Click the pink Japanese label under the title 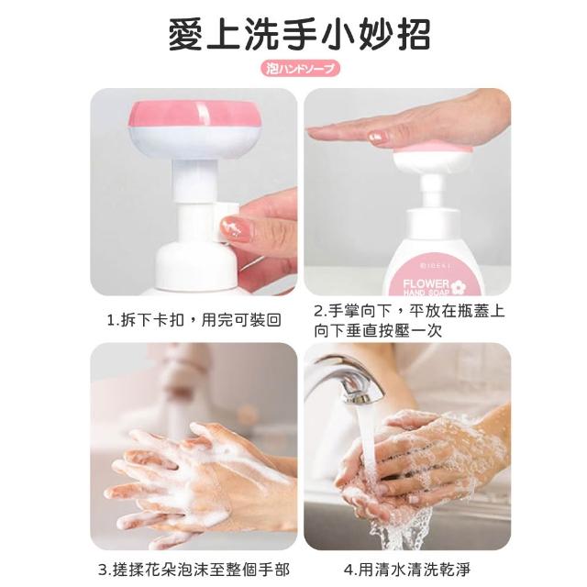click(x=300, y=69)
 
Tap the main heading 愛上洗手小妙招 click(x=299, y=35)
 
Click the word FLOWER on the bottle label click(x=426, y=283)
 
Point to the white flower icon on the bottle click(x=456, y=287)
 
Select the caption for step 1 click(x=194, y=320)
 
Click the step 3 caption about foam click(x=194, y=570)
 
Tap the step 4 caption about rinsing click(x=407, y=570)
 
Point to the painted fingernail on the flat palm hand click(x=376, y=136)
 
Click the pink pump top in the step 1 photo click(x=194, y=114)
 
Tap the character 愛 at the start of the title click(x=186, y=35)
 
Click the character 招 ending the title click(x=413, y=35)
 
